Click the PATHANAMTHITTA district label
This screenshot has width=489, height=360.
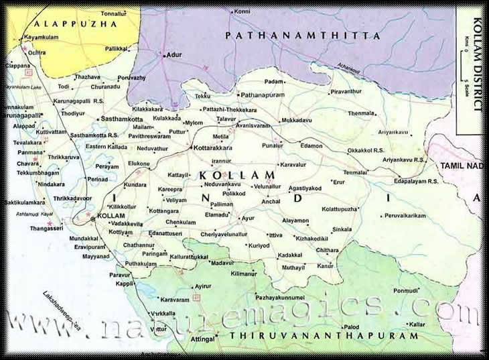pyautogui.click(x=302, y=35)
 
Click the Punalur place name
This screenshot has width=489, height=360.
pyautogui.click(x=272, y=145)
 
